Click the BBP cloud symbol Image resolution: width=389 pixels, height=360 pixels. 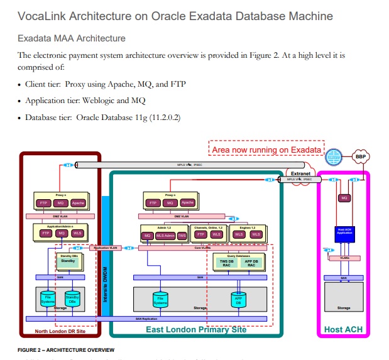click(361, 157)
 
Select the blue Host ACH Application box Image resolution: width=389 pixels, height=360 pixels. click(344, 231)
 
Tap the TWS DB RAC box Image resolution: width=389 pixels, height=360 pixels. click(226, 263)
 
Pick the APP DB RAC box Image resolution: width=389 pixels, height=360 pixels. click(251, 263)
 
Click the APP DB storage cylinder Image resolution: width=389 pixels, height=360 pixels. click(238, 300)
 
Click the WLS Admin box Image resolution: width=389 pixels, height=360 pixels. click(165, 235)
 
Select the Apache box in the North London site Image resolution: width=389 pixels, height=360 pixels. click(77, 203)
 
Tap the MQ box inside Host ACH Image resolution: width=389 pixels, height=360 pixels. click(344, 198)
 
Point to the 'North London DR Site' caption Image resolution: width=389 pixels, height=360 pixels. click(60, 331)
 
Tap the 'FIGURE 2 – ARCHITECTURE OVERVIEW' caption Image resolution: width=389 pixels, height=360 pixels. click(67, 349)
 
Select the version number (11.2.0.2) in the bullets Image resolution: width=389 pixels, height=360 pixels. click(160, 117)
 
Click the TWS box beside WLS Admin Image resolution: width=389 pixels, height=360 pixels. click(182, 235)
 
